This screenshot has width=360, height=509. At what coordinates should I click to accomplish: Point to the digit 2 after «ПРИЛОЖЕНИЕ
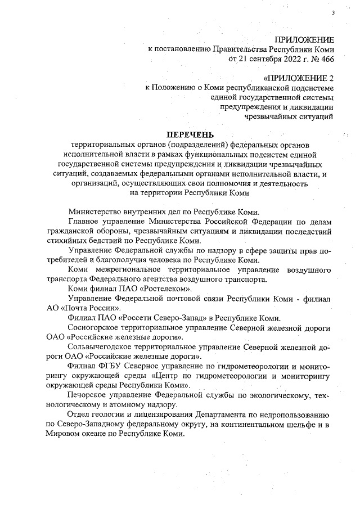pos(331,77)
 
